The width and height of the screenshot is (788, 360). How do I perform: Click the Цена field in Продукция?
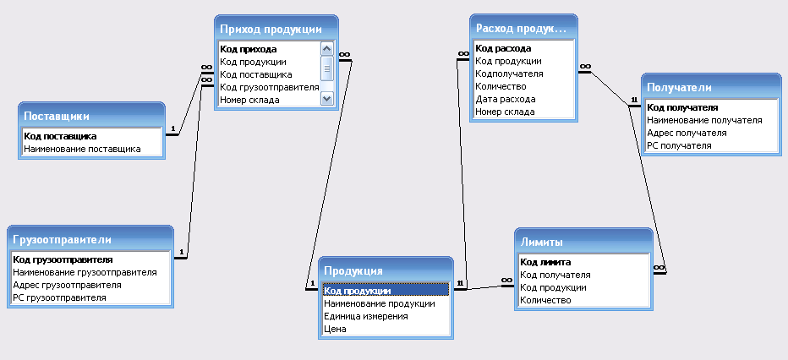pyautogui.click(x=334, y=329)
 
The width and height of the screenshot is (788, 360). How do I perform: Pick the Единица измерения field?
pyautogui.click(x=365, y=316)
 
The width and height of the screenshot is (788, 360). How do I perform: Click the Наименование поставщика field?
pyautogui.click(x=82, y=149)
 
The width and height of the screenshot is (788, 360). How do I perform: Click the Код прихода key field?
pyautogui.click(x=248, y=49)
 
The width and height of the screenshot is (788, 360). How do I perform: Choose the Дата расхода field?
pyautogui.click(x=505, y=99)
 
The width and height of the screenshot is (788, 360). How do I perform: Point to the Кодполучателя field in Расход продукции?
pyautogui.click(x=509, y=74)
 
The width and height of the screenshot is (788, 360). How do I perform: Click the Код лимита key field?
pyautogui.click(x=546, y=262)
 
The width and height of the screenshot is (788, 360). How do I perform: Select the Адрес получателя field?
pyautogui.click(x=687, y=133)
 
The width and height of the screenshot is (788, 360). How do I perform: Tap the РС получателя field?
pyautogui.click(x=679, y=145)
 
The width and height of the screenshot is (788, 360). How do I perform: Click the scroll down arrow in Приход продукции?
pyautogui.click(x=327, y=99)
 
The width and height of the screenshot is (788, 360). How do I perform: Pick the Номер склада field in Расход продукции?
pyautogui.click(x=505, y=112)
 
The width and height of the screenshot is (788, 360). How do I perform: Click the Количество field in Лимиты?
pyautogui.click(x=546, y=300)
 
